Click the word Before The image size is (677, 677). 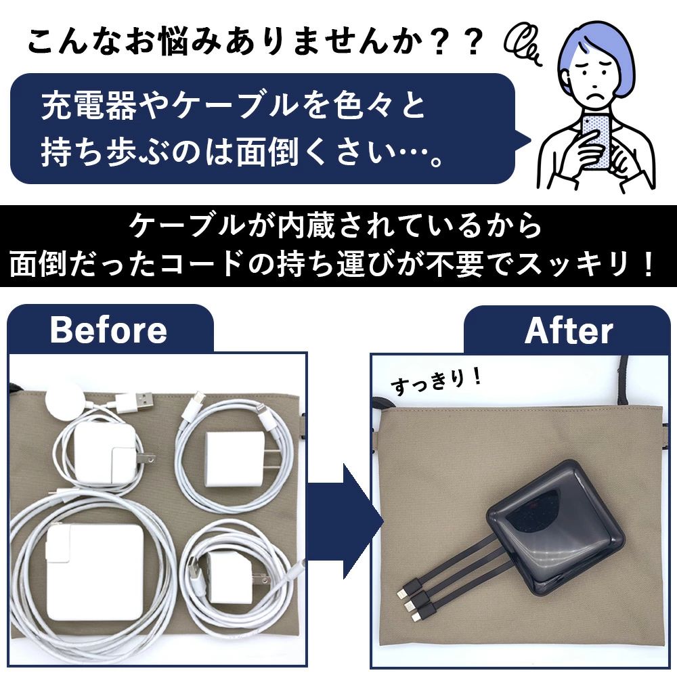(x=108, y=330)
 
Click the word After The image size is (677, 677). (x=569, y=331)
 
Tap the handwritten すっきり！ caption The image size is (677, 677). (x=435, y=382)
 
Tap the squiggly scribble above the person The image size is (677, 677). (x=523, y=45)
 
